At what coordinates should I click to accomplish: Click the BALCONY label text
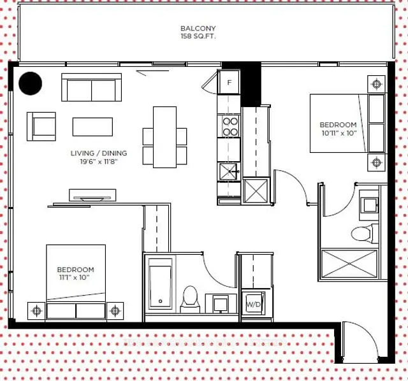point(198,29)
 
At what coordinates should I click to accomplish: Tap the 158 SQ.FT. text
point(198,37)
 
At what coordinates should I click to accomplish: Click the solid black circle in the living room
point(31,83)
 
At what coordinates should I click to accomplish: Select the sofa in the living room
point(91,87)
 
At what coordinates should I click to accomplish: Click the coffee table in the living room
point(92,127)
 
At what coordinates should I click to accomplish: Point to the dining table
point(164,136)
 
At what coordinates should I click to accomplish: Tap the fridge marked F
point(228,82)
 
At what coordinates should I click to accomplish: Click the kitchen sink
point(228,170)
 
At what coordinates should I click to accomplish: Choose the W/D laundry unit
point(253,304)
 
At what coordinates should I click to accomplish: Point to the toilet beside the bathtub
point(190,298)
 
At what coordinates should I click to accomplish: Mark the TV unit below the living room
point(92,194)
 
